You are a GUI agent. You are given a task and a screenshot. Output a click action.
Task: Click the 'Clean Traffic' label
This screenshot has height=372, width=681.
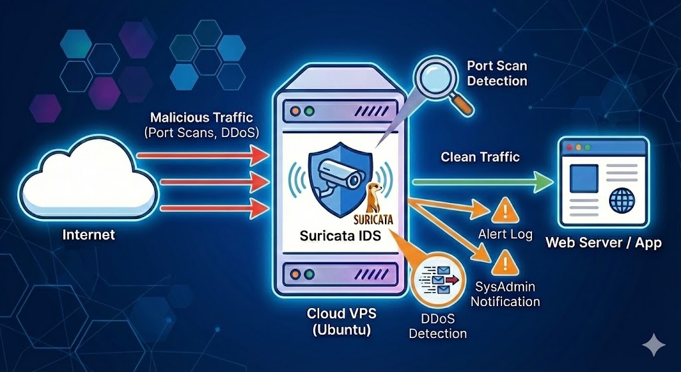tap(479, 157)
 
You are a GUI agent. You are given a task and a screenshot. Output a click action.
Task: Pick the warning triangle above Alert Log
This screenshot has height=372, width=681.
tap(503, 212)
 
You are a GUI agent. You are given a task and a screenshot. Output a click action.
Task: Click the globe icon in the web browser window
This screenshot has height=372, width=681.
tap(622, 198)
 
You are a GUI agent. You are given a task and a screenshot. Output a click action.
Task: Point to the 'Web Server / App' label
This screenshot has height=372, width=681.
tap(603, 242)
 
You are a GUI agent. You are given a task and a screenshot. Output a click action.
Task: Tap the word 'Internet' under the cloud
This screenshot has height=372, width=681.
tap(88, 234)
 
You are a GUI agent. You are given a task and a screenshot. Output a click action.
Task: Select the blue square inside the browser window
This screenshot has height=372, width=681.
tap(583, 176)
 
